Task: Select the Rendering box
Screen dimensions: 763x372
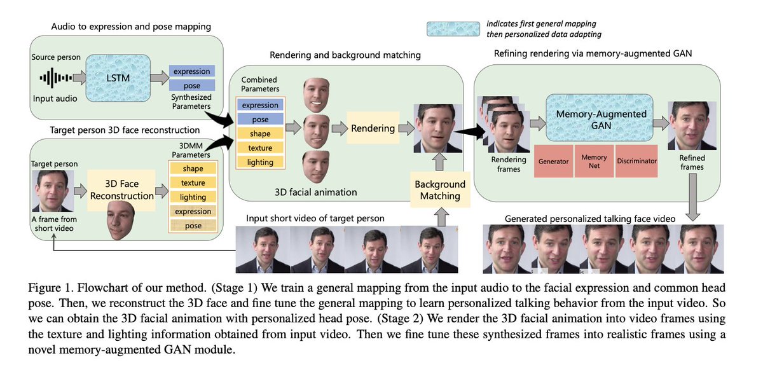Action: pos(373,128)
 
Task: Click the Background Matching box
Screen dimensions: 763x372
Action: pos(439,190)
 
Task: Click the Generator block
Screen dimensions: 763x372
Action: pos(553,161)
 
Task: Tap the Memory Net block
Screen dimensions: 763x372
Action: pos(594,161)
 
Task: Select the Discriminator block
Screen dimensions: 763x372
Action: pos(636,161)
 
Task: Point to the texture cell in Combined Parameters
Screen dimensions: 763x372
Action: pos(261,148)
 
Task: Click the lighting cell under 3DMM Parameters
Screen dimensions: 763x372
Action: pos(193,197)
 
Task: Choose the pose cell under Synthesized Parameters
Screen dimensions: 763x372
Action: pos(191,85)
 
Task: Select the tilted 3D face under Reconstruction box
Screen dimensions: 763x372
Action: pos(120,220)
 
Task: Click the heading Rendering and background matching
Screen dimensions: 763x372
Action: pos(345,55)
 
